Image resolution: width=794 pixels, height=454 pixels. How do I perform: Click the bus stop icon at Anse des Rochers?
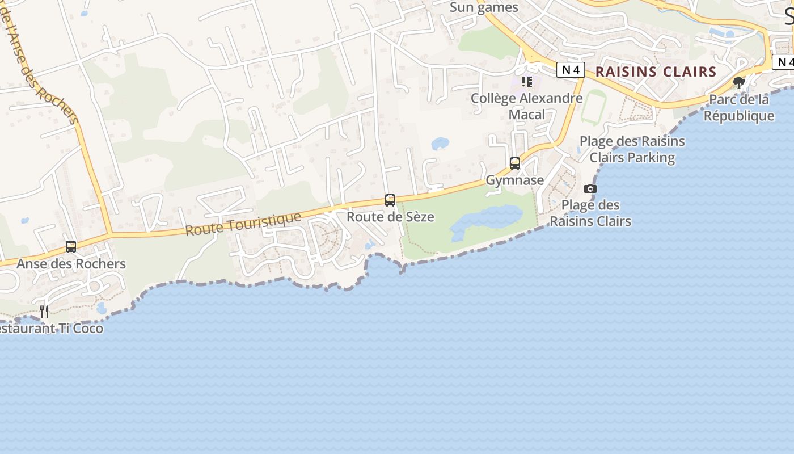click(71, 247)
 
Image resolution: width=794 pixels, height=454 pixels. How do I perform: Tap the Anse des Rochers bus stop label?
click(71, 264)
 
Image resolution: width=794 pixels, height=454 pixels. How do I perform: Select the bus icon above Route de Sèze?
click(390, 200)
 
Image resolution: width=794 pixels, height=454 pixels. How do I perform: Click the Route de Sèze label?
click(390, 217)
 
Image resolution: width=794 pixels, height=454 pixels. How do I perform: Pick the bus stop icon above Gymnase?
click(515, 163)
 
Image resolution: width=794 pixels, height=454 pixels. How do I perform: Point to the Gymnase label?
click(515, 180)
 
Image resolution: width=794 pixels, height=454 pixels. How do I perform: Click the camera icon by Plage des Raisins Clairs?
click(590, 188)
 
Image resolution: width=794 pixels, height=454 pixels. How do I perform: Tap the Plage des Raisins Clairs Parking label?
click(632, 149)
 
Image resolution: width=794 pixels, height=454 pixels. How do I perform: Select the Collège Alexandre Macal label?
click(526, 106)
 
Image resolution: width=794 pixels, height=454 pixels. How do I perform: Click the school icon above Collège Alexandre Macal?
click(527, 82)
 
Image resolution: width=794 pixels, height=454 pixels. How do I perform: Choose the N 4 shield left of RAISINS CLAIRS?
click(571, 70)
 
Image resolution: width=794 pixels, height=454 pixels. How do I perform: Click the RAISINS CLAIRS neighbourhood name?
click(656, 72)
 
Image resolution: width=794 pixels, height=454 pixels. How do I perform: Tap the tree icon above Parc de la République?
click(739, 83)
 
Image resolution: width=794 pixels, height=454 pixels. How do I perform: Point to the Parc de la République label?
click(739, 108)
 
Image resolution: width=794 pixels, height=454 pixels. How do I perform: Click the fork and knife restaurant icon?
click(44, 311)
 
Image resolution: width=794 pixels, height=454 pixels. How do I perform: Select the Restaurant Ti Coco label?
click(51, 328)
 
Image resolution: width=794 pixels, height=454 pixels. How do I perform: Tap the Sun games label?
click(484, 7)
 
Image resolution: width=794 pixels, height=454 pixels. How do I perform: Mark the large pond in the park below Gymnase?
click(488, 220)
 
